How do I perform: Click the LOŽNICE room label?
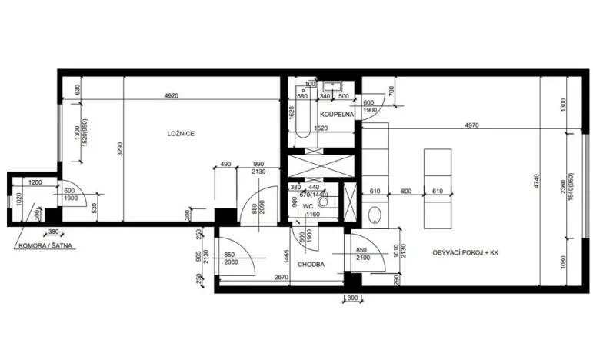(x=181, y=133)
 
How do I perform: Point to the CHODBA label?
(x=310, y=264)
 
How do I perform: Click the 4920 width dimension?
(x=172, y=96)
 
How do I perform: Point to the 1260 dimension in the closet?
(x=33, y=182)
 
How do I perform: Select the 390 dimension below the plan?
(x=351, y=298)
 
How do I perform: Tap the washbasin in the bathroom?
(x=333, y=87)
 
